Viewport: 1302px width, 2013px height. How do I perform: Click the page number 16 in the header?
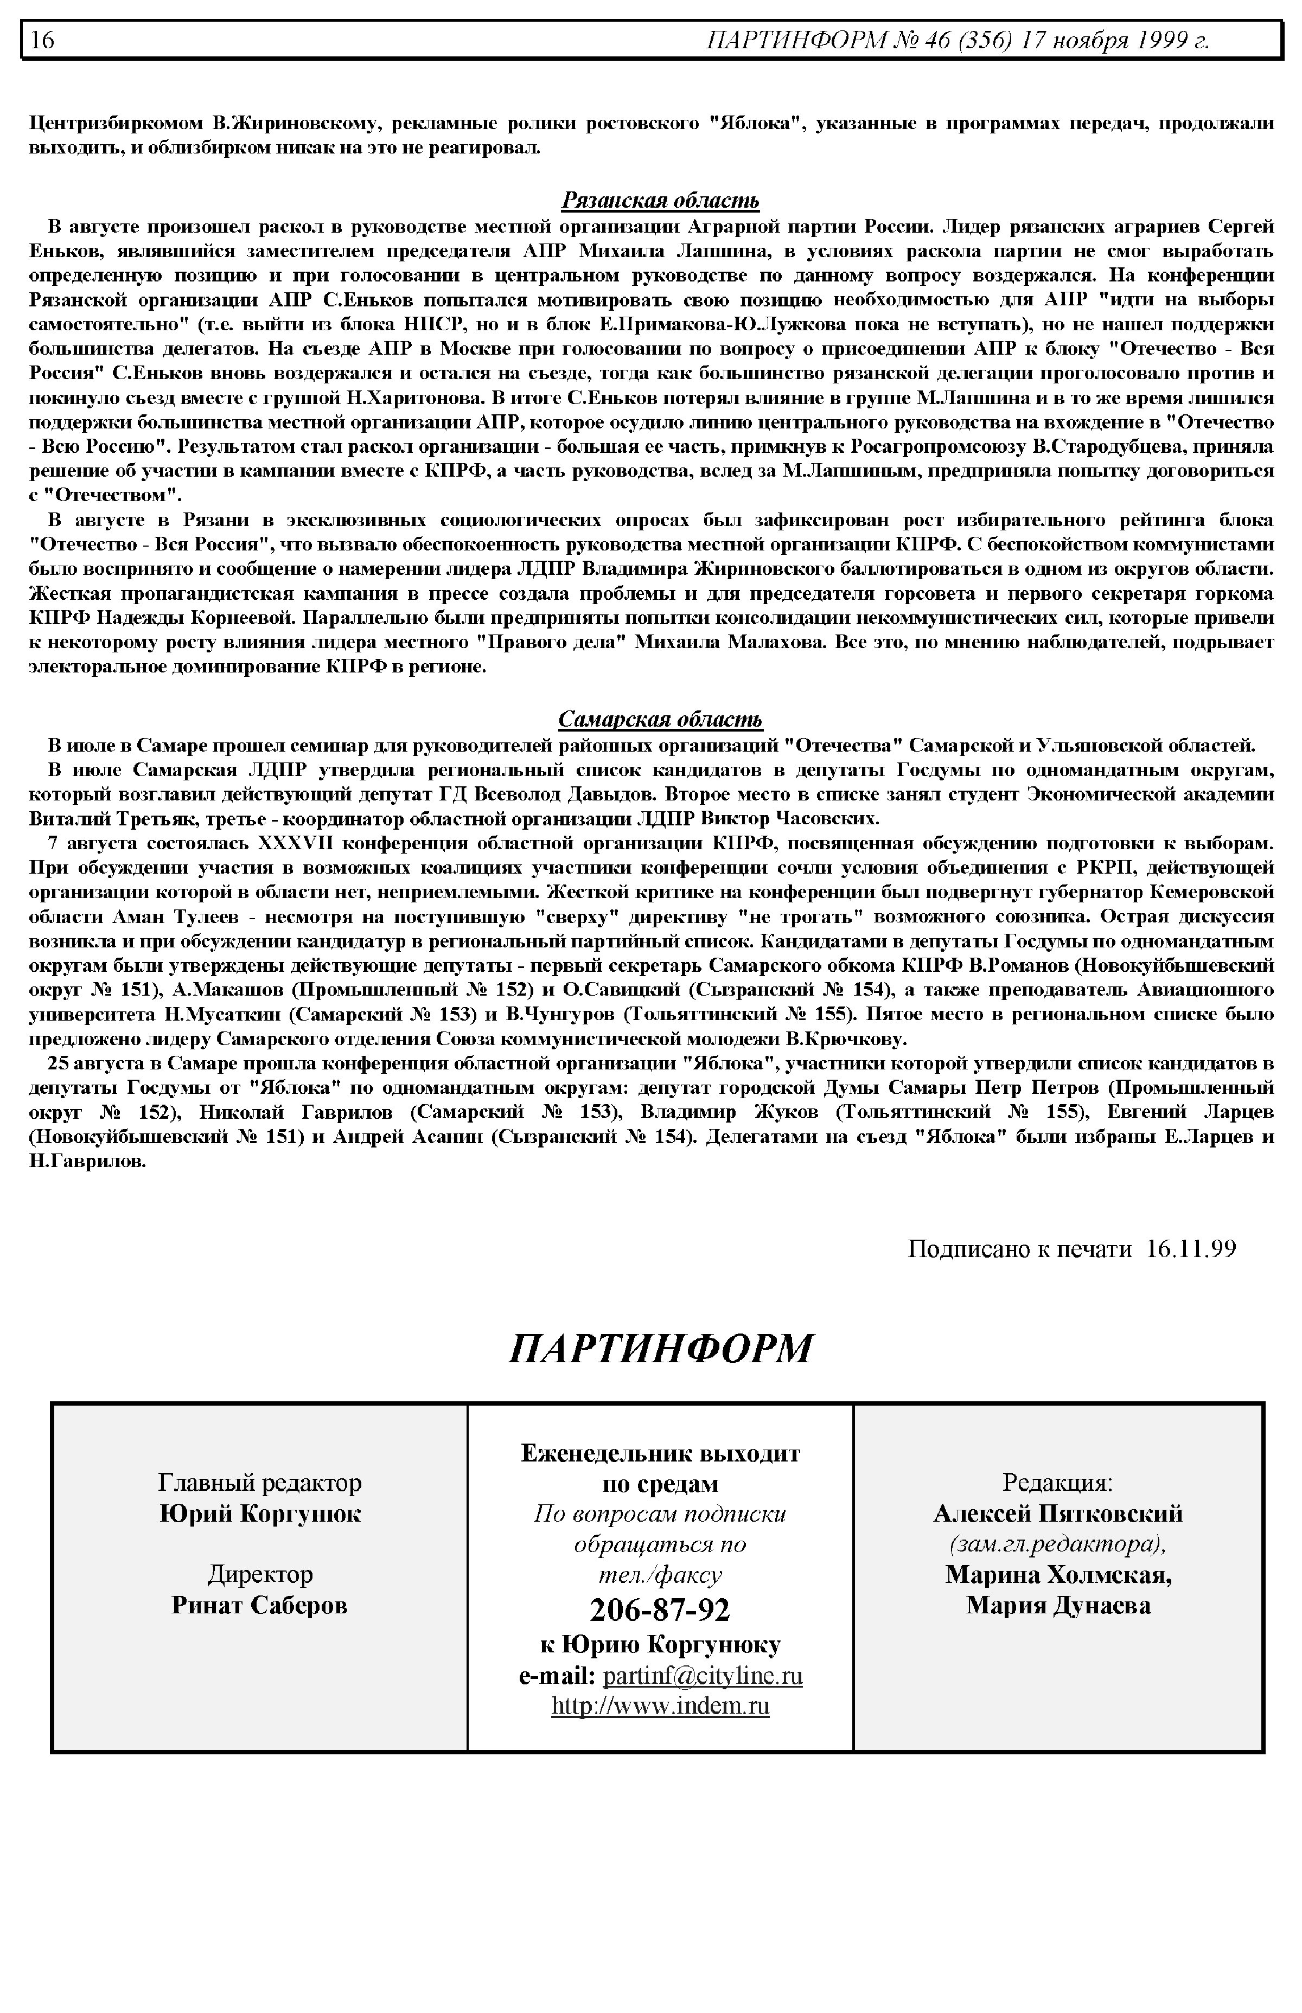click(42, 40)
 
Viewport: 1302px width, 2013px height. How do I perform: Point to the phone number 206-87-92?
click(660, 1609)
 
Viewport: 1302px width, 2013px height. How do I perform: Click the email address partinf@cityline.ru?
click(703, 1676)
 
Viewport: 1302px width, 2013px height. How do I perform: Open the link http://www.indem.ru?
click(660, 1706)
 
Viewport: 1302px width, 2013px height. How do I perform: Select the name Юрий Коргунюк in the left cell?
click(259, 1512)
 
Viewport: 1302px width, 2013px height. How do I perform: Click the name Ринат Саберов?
click(259, 1604)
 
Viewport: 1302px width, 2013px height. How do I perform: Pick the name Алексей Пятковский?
click(1058, 1512)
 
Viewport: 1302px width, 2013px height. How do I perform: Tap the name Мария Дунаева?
click(1058, 1604)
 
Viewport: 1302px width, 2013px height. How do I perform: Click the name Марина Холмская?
click(1058, 1574)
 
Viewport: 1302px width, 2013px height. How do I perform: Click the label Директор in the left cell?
click(259, 1574)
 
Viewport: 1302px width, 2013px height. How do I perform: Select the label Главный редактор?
click(259, 1482)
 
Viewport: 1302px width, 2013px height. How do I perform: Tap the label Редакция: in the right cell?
click(1058, 1482)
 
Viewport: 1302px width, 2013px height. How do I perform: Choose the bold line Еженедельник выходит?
click(660, 1453)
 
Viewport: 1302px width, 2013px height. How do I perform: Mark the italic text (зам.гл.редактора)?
click(1058, 1543)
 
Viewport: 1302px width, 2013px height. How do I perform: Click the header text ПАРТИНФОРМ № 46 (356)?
click(859, 40)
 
